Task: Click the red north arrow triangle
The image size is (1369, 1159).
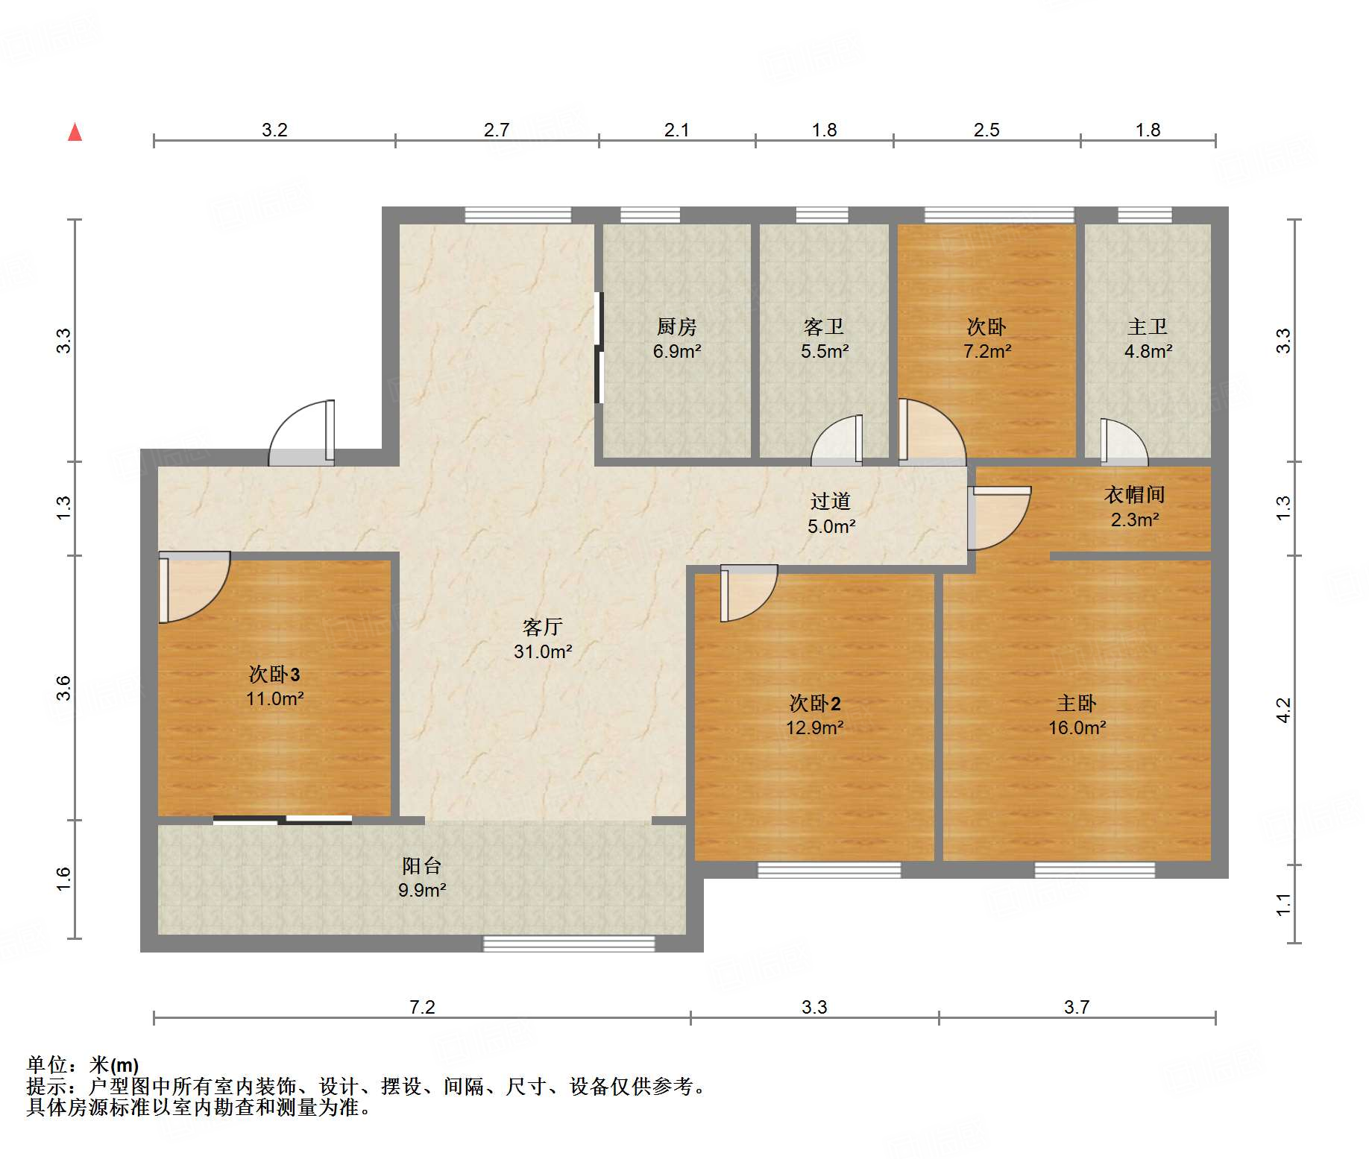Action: click(x=75, y=132)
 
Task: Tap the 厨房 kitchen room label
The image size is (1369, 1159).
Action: click(x=676, y=326)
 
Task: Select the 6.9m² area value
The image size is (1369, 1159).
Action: click(x=677, y=351)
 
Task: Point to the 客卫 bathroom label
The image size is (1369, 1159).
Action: click(x=824, y=326)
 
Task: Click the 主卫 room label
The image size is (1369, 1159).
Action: click(x=1148, y=326)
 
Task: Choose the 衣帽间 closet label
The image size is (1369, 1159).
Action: click(x=1134, y=494)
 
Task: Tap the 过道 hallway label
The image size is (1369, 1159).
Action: click(x=831, y=501)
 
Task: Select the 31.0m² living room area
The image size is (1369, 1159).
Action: click(x=543, y=651)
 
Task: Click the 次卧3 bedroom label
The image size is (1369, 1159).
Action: click(x=274, y=675)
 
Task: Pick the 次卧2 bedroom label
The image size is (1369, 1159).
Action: click(x=815, y=704)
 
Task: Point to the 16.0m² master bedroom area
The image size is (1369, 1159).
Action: click(x=1077, y=727)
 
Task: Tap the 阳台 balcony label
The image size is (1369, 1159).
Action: click(x=422, y=865)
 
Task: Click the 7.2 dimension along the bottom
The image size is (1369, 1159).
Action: click(x=422, y=1007)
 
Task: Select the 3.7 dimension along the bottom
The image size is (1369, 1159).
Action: click(x=1077, y=1007)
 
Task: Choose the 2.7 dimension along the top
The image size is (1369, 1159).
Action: click(x=497, y=130)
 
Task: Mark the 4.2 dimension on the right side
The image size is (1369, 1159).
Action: click(x=1283, y=710)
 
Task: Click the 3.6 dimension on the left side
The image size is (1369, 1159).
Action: click(x=64, y=687)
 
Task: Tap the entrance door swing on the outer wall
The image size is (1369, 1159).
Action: click(x=301, y=433)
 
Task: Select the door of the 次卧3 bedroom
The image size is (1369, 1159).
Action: click(x=194, y=587)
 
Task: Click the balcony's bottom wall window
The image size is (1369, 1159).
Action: click(x=569, y=944)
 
